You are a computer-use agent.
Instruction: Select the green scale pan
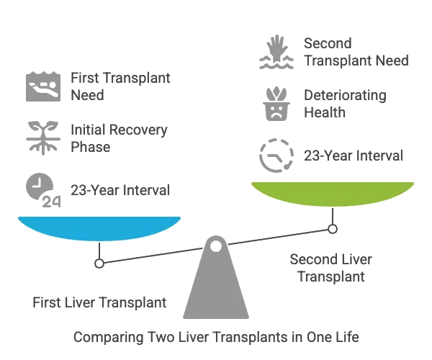(332, 193)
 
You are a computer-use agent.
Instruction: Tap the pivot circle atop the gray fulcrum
(215, 246)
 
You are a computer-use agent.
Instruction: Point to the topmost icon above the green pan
(276, 51)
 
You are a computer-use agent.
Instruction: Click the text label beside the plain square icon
(120, 86)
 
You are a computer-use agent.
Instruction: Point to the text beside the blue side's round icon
(120, 189)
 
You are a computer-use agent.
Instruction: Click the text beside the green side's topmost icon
(353, 52)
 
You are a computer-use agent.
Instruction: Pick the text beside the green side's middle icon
(342, 103)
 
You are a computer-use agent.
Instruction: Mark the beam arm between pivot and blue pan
(151, 254)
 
